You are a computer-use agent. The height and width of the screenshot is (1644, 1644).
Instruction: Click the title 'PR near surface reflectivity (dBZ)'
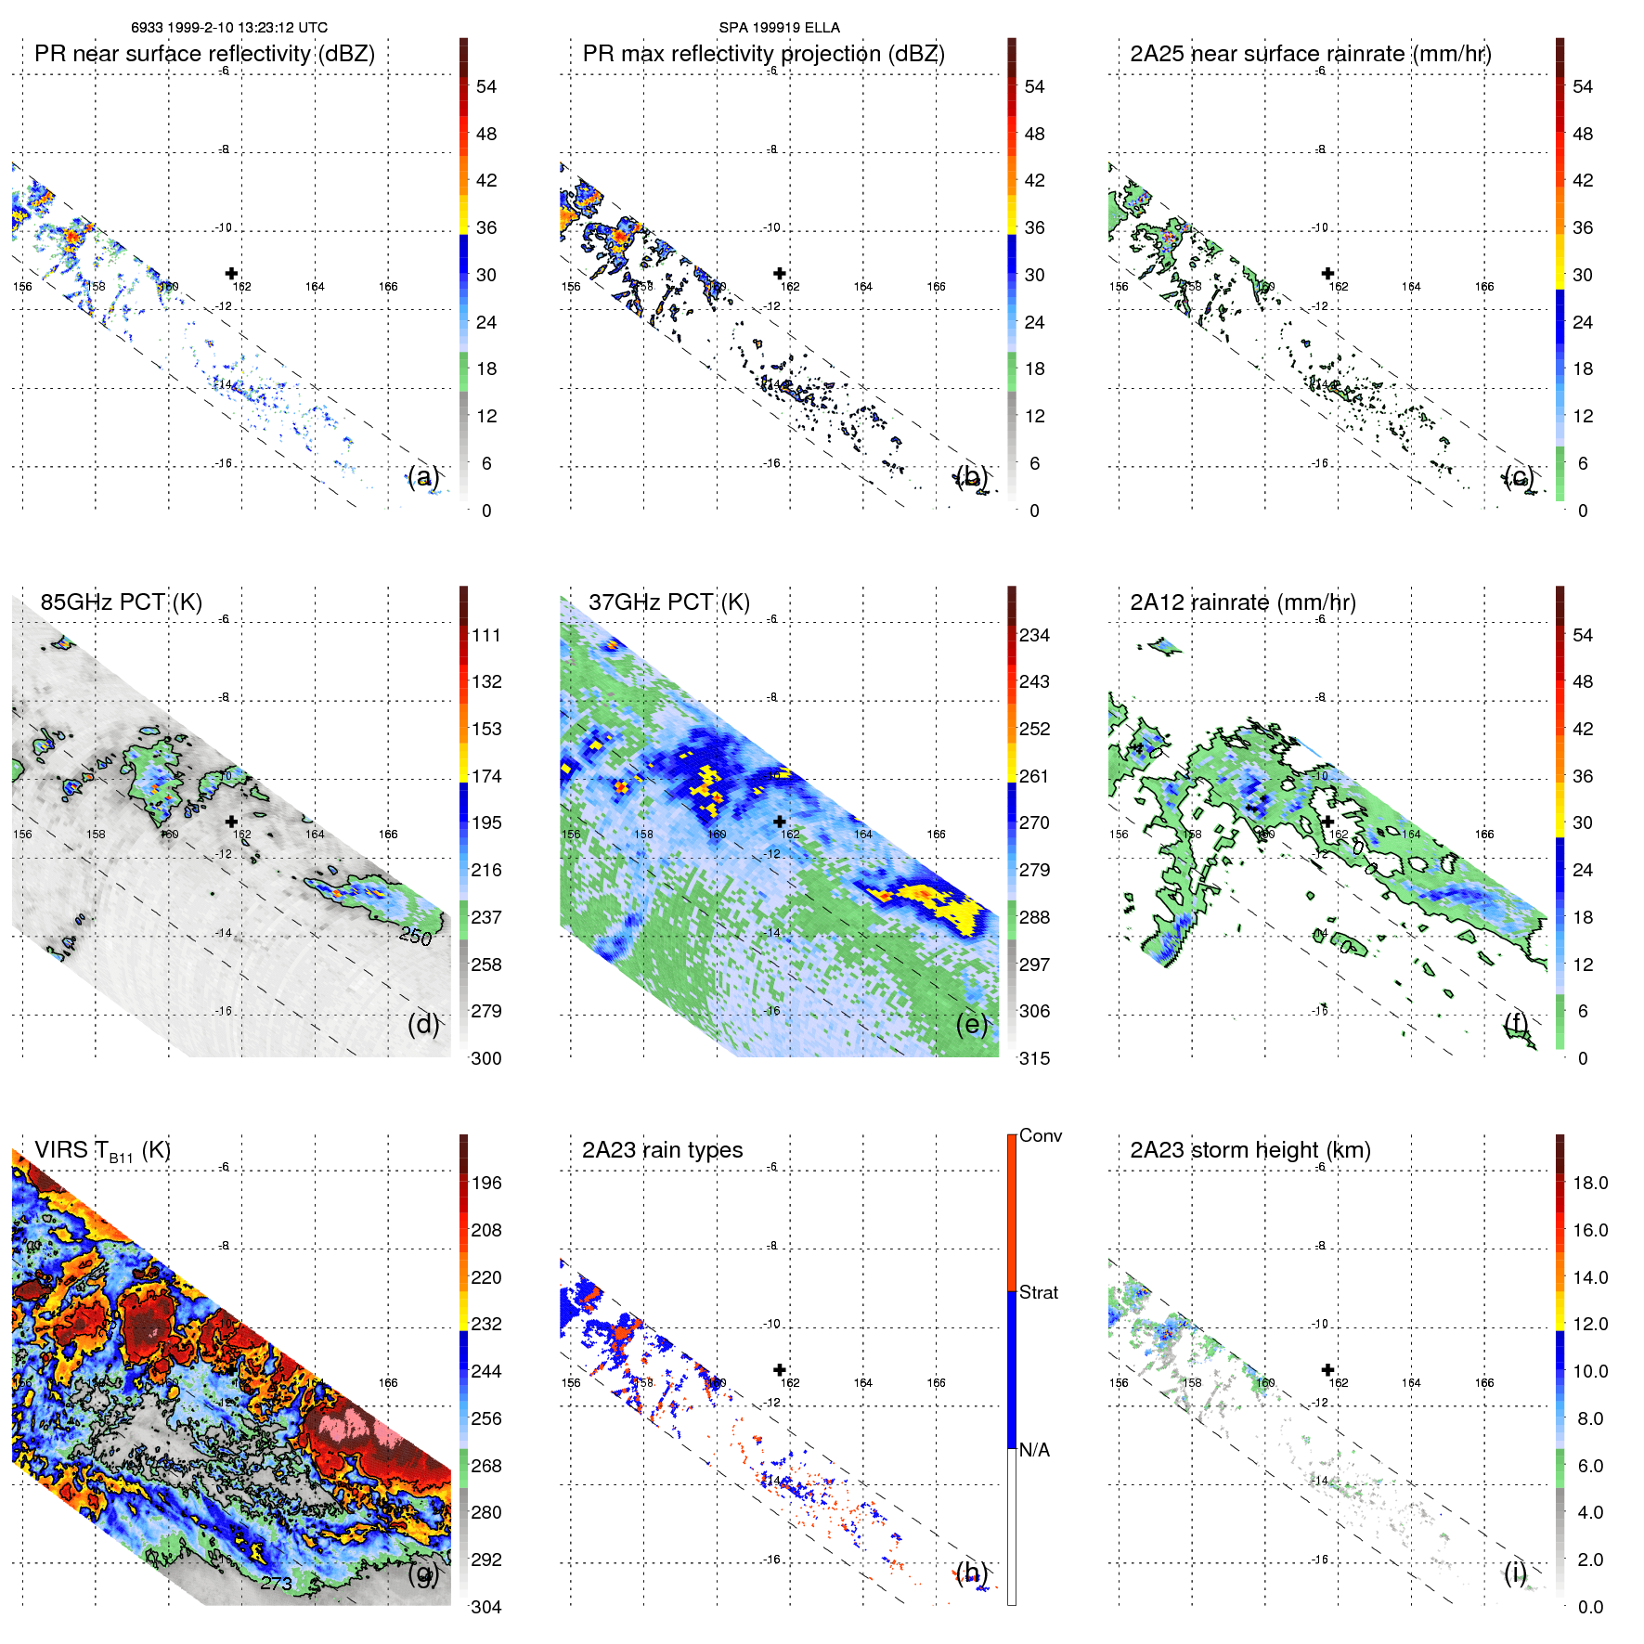[204, 54]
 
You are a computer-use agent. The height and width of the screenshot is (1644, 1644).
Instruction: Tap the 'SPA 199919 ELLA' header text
[779, 28]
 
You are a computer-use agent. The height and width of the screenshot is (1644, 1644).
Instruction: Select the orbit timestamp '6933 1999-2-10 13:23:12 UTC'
[229, 28]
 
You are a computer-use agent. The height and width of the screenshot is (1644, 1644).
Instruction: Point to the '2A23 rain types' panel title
[662, 1150]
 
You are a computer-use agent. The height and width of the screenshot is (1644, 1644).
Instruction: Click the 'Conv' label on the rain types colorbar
[1040, 1135]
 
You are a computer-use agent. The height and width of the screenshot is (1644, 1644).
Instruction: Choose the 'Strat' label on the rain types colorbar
[1038, 1292]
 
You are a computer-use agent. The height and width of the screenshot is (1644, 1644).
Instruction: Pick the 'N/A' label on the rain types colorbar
[1034, 1450]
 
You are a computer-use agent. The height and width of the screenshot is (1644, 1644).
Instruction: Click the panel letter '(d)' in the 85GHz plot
[423, 1024]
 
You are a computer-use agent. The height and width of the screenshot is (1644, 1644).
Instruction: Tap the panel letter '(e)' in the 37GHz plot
[972, 1024]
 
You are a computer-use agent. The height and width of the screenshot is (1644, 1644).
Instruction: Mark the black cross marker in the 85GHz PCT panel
[231, 822]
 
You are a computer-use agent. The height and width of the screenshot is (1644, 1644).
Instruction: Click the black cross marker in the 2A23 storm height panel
[1327, 1369]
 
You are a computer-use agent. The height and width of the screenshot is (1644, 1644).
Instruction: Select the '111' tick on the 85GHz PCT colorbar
[486, 635]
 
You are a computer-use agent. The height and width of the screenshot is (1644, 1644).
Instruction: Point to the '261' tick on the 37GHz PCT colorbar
[1034, 776]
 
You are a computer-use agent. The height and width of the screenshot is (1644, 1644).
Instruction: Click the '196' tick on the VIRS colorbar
[486, 1183]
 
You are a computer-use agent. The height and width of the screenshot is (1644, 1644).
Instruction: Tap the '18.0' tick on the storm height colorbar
[1590, 1183]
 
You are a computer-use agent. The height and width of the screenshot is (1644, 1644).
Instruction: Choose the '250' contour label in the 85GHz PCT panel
[416, 936]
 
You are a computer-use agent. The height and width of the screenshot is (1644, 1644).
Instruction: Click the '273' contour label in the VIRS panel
[277, 1583]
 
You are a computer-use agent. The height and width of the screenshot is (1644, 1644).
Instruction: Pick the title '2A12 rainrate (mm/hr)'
[1243, 602]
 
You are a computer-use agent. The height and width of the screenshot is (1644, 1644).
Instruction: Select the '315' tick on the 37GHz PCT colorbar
[1034, 1058]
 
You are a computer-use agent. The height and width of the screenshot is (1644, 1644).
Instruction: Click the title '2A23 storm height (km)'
[1250, 1150]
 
